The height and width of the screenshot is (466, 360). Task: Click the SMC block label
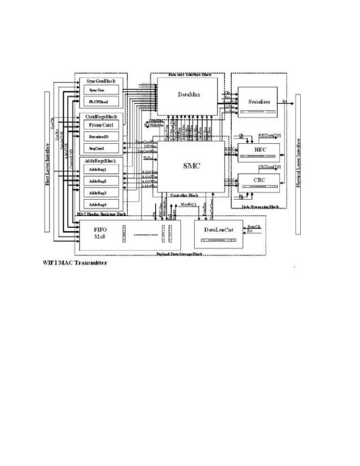[188, 166]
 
